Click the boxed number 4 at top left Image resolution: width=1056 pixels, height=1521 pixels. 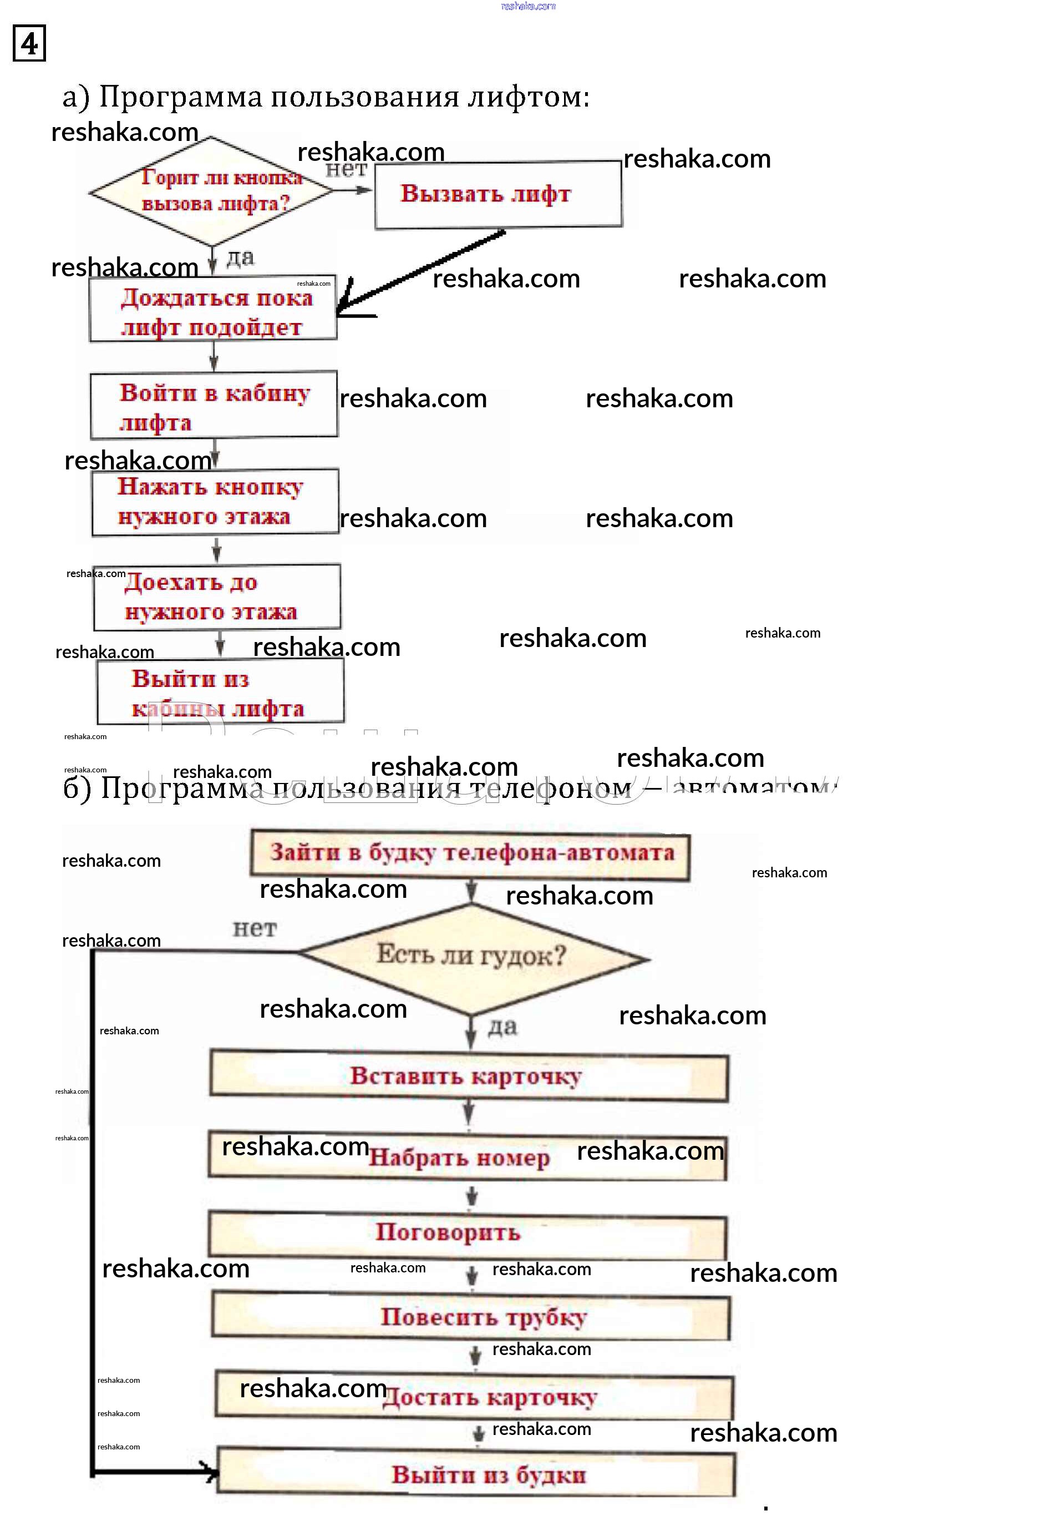click(29, 44)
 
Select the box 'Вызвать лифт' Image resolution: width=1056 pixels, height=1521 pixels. click(497, 195)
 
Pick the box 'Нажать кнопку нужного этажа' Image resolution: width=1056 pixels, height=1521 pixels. click(215, 501)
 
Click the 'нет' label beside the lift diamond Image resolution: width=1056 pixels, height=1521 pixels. click(346, 170)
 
